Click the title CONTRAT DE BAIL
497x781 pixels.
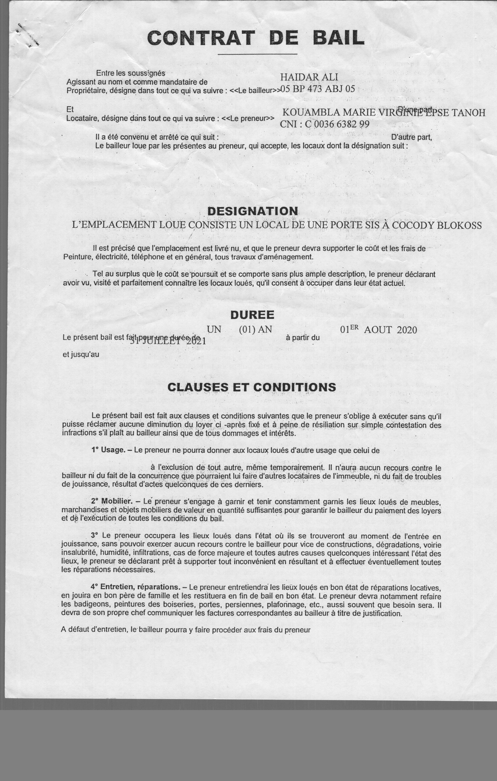click(x=256, y=38)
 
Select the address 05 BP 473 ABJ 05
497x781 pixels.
click(x=317, y=89)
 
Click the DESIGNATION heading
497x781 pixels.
click(x=253, y=211)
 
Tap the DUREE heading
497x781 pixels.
click(x=252, y=315)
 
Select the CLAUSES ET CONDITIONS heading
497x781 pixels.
click(x=252, y=387)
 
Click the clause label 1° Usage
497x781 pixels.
click(x=108, y=450)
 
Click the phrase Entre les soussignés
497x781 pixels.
click(x=130, y=73)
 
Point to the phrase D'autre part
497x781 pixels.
click(x=412, y=137)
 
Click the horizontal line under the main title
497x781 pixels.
click(x=257, y=54)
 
